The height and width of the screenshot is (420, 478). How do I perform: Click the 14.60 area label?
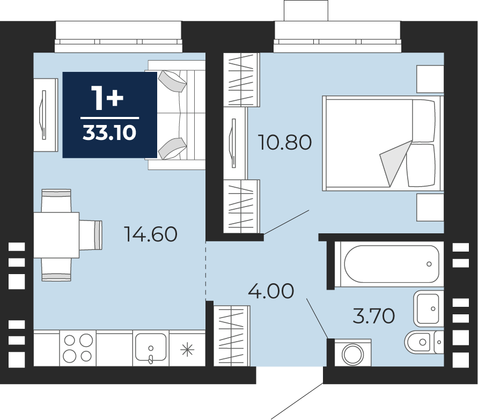(x=151, y=234)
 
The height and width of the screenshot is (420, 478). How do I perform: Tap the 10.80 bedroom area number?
(x=285, y=142)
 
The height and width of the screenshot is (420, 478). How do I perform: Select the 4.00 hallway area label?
(x=271, y=291)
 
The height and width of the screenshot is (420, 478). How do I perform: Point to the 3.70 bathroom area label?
(x=374, y=316)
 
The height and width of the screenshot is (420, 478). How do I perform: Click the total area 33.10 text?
(x=109, y=133)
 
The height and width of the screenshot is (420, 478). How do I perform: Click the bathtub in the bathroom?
(x=392, y=264)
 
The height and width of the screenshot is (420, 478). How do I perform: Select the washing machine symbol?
(x=352, y=352)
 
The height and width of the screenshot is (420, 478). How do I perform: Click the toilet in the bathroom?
(x=424, y=342)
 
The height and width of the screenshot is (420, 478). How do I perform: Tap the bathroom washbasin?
(x=429, y=308)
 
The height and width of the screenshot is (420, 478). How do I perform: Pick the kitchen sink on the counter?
(x=151, y=348)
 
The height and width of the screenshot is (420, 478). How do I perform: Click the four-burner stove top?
(x=78, y=348)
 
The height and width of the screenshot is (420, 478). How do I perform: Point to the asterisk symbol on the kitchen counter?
(x=187, y=350)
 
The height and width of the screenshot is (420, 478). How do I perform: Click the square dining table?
(x=56, y=235)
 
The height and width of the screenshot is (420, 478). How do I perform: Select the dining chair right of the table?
(x=91, y=235)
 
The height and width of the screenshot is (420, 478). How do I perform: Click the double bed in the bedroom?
(x=383, y=143)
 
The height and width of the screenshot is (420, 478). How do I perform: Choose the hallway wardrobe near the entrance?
(x=232, y=336)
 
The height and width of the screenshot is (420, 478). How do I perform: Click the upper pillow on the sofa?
(x=172, y=82)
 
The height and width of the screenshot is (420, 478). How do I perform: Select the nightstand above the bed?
(x=430, y=79)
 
